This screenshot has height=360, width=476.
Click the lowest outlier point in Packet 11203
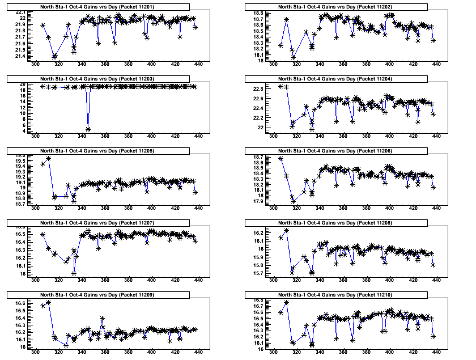coord(88,130)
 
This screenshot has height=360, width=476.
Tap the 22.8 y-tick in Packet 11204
coord(258,89)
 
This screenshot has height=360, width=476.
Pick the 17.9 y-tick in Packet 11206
coord(258,201)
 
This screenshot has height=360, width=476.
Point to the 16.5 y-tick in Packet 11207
coord(21,234)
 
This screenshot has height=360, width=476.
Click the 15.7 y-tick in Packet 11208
coord(258,274)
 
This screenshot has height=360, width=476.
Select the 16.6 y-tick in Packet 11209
coord(21,304)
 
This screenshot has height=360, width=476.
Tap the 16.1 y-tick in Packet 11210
coord(258,343)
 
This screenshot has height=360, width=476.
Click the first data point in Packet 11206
coord(281,158)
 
